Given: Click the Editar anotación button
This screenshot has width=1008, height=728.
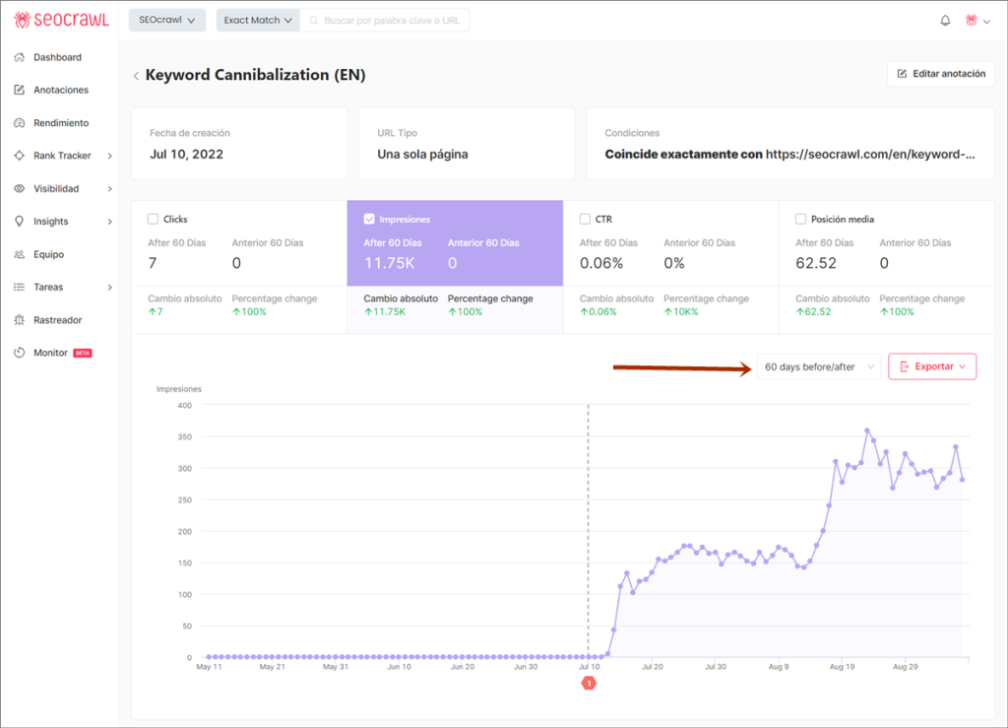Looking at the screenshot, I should coord(941,74).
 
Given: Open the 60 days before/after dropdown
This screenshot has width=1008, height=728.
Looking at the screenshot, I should coord(819,366).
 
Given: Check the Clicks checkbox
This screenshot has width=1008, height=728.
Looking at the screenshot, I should coord(153,219).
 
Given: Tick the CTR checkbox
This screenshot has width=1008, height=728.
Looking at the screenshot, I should coord(586,219).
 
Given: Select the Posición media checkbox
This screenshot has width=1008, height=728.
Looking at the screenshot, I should coord(800,219).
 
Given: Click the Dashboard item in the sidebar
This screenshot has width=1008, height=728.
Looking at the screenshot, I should coord(57,57).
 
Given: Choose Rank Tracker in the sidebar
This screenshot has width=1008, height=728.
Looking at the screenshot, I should coord(62,156).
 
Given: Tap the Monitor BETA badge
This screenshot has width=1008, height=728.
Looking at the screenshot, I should coord(83,353).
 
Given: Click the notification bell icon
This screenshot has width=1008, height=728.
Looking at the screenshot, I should coord(945,20).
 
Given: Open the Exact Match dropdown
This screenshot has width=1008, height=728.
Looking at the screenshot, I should coord(258,20).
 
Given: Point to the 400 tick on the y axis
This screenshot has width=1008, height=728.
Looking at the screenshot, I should coord(184,405).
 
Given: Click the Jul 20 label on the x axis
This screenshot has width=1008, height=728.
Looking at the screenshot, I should coord(652,667).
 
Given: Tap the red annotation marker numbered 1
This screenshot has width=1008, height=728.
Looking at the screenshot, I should coord(589,683).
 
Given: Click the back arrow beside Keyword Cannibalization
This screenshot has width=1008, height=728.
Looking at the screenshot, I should coord(136,75).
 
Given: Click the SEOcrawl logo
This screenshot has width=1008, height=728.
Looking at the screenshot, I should coord(61,20).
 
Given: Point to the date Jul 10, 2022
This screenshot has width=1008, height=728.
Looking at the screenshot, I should coord(186,154).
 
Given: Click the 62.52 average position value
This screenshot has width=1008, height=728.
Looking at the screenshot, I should coord(816,263).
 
